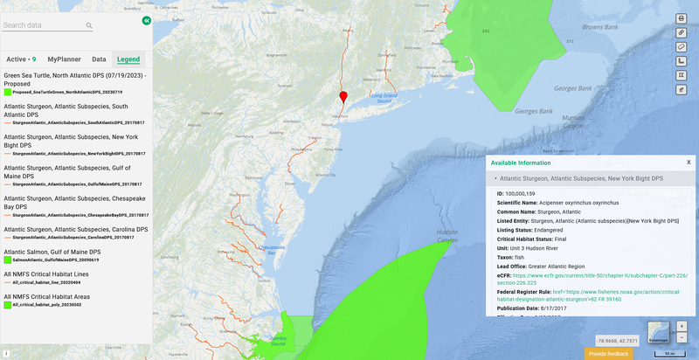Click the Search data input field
point(44,26)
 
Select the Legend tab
point(128,59)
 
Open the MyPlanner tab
point(65,59)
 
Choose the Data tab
point(99,59)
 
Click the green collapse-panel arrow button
point(146,19)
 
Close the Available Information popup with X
point(689,162)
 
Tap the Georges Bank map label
point(572,88)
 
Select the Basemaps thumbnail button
point(659,333)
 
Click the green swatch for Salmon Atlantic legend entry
point(7,260)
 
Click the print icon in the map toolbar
point(682,18)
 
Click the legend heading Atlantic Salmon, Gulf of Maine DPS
point(52,252)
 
